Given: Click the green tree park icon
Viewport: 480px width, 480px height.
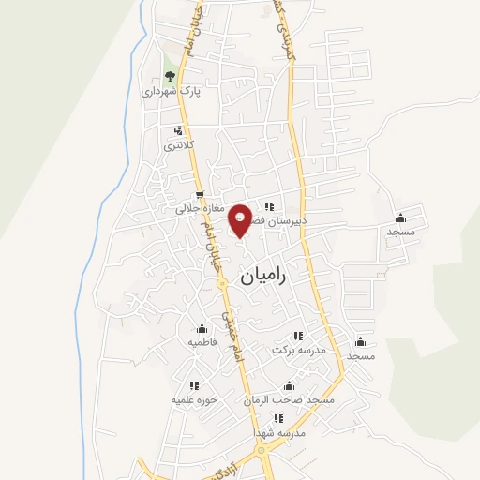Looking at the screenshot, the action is (170, 76).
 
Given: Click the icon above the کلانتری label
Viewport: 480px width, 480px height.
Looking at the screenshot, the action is (177, 130).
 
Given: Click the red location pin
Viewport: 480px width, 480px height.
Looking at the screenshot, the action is (240, 219).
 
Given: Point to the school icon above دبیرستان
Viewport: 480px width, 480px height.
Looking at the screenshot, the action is (269, 206).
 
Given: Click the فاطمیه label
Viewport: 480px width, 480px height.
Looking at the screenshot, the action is (202, 342).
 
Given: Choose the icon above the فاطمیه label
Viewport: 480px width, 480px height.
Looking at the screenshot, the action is (202, 328).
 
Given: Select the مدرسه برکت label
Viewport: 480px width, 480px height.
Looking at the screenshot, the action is (298, 350).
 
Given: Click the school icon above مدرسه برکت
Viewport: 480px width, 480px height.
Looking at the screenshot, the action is (298, 335).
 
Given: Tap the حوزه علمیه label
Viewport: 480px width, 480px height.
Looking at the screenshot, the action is (194, 399).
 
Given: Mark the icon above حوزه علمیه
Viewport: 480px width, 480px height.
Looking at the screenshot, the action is (194, 384).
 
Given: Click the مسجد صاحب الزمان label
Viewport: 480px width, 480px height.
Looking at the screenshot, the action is (289, 400).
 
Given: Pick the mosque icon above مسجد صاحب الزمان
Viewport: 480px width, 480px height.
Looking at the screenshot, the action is (289, 385).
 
